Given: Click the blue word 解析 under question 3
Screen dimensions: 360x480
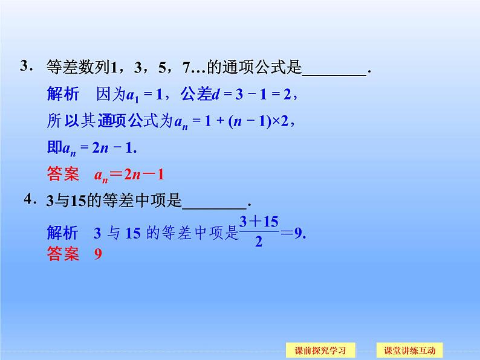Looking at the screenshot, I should [62, 94].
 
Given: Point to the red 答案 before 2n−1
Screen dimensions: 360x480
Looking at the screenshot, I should [62, 175].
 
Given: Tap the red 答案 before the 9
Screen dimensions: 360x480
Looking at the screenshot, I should [62, 254].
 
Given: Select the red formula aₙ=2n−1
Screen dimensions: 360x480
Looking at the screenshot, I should [129, 175].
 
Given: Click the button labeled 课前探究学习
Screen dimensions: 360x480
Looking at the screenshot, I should [320, 350].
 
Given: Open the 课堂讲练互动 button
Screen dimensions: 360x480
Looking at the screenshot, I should [409, 350].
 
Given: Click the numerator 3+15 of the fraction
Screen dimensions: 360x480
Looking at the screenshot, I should [259, 222].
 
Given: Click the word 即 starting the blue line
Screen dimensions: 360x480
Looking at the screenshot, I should [53, 147].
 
